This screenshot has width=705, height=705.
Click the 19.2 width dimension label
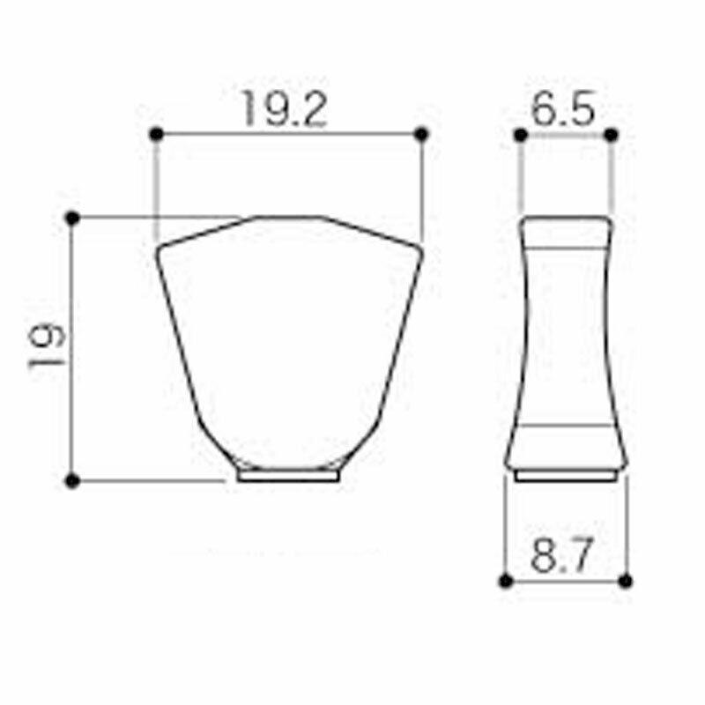pos(285,109)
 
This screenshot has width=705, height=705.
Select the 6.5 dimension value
pos(563,108)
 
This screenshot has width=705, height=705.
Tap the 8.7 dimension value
pos(561,554)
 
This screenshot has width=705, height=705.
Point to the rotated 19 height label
pos(47,347)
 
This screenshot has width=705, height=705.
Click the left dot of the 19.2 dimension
pos(156,134)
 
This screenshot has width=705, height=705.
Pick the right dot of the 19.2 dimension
pos(421,134)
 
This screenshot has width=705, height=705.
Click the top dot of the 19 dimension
pos(72,218)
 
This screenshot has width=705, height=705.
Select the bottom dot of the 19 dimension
pos(72,481)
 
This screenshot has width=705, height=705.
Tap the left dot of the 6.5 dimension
pos(520,135)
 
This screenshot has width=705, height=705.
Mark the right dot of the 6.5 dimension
pos(611,135)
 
